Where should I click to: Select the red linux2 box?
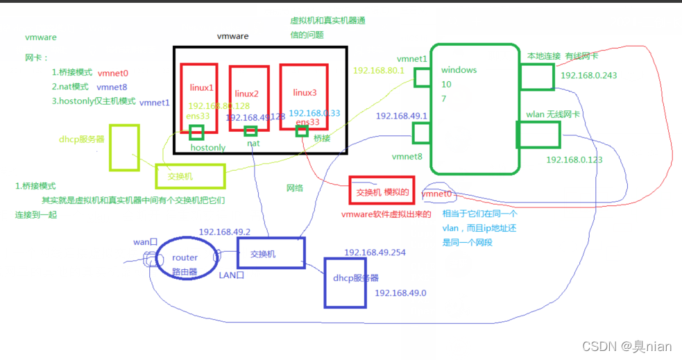pos(248,97)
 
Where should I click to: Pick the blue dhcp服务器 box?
pos(345,282)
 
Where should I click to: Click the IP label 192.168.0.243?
pos(589,76)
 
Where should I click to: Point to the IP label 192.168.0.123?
pos(574,160)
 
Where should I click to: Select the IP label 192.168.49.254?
pos(374,252)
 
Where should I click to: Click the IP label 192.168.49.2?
pos(224,232)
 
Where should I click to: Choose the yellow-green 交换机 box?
pos(190,176)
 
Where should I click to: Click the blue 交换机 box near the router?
pos(270,253)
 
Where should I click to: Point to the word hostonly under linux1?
pos(208,148)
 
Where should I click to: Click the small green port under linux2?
pos(250,131)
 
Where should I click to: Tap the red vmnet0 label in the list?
pos(113,73)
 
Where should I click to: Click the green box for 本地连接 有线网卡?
pos(536,77)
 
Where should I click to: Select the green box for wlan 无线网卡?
pos(538,135)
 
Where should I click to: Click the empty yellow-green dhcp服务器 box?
pos(124,148)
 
